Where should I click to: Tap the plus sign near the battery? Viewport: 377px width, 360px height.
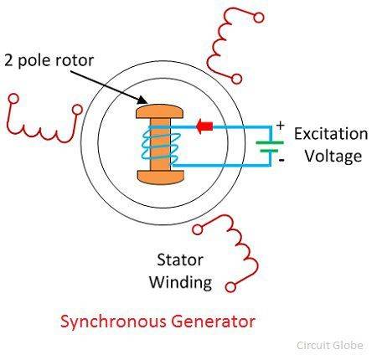click(x=280, y=127)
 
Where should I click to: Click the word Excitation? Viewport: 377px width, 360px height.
click(x=331, y=135)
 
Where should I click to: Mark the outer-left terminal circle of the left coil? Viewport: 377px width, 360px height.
click(x=12, y=99)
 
